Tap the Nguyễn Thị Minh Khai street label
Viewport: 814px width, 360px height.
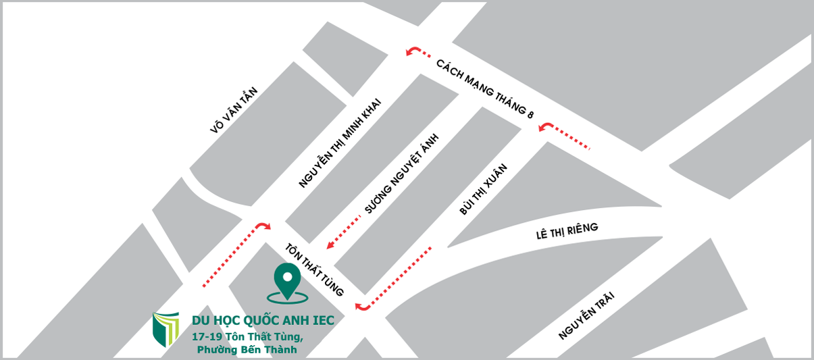pyautogui.click(x=340, y=143)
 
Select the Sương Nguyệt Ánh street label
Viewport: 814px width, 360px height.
pyautogui.click(x=402, y=174)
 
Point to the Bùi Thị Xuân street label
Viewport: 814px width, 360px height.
pyautogui.click(x=483, y=189)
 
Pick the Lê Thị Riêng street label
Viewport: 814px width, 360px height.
pyautogui.click(x=567, y=231)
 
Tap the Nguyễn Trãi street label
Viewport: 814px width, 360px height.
pyautogui.click(x=588, y=315)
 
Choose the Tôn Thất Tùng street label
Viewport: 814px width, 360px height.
pyautogui.click(x=315, y=269)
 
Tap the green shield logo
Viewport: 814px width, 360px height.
pyautogui.click(x=166, y=329)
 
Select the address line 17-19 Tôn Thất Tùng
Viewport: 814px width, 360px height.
pyautogui.click(x=247, y=336)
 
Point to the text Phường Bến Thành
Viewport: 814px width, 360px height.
pyautogui.click(x=247, y=349)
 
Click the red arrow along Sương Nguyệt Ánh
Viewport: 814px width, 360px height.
pyautogui.click(x=345, y=230)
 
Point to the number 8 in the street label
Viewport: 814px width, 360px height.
pyautogui.click(x=530, y=115)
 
